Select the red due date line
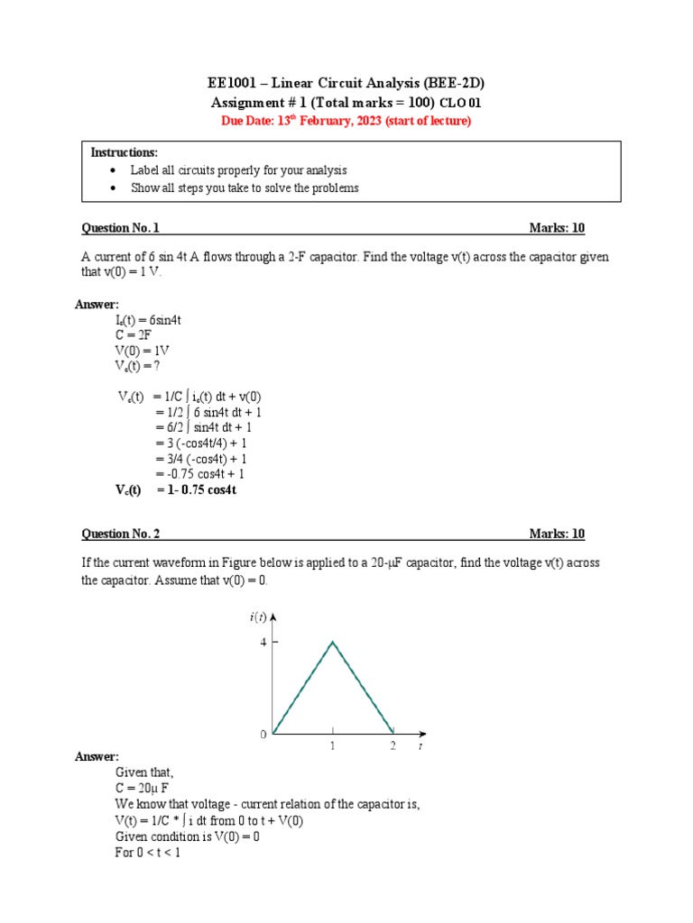pos(346,121)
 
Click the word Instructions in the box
pos(124,152)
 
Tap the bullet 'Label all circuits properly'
pos(238,170)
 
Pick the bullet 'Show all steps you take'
pos(245,187)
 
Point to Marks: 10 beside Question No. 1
pos(557,228)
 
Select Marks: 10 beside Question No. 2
pos(557,534)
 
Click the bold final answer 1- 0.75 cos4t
pos(195,489)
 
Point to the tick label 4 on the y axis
pos(263,642)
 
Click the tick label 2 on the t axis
pos(393,747)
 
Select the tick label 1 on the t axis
pos(333,747)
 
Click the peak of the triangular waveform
pos(333,642)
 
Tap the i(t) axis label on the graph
pos(257,617)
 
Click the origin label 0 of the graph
pos(263,735)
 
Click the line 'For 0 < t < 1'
pos(148,852)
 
